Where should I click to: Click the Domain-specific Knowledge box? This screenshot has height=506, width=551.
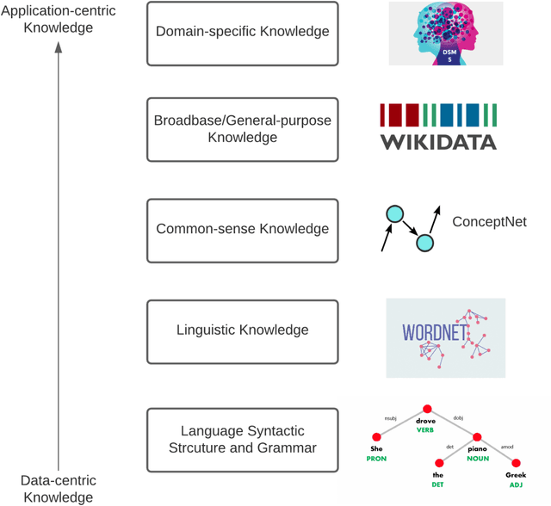[242, 33]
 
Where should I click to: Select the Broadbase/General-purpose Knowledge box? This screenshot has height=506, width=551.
[242, 129]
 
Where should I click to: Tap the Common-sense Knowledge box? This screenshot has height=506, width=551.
[242, 230]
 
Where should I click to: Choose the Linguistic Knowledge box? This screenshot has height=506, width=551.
[242, 330]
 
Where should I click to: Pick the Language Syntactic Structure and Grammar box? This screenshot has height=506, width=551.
[242, 439]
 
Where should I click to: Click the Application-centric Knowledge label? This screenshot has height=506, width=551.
[59, 19]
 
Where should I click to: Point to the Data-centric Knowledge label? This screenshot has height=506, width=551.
[59, 488]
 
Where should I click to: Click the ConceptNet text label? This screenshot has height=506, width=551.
[489, 222]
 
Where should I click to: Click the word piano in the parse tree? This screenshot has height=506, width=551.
[478, 448]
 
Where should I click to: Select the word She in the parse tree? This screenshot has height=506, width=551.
[376, 448]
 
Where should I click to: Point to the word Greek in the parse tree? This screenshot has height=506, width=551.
[516, 474]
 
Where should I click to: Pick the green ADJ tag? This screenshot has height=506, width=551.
[516, 484]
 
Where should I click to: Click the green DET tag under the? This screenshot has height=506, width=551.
[437, 484]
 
